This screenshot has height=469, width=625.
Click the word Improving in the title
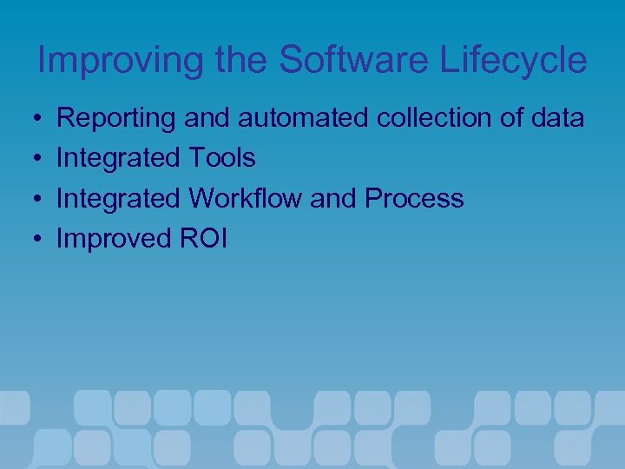111,61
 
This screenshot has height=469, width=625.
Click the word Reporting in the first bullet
116,118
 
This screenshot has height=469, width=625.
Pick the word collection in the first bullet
436,118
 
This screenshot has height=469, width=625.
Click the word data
557,118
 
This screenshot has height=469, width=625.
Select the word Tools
221,158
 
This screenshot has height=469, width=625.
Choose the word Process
414,198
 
